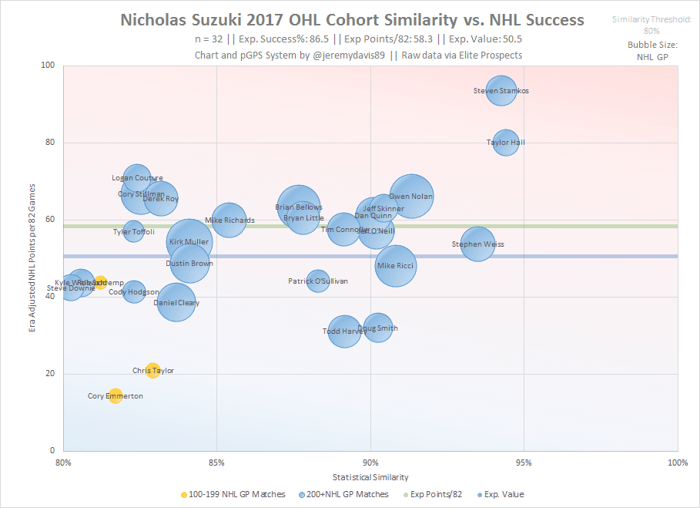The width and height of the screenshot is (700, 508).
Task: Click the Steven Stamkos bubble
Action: point(501,91)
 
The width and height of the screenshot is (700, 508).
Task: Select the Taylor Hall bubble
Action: point(506,142)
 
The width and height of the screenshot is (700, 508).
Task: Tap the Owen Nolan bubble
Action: point(411,197)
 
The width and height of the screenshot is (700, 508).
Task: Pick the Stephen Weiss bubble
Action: point(477,244)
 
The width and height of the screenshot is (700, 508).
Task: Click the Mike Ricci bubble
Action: point(396,266)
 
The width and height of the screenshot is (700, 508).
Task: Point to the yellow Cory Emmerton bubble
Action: point(116,396)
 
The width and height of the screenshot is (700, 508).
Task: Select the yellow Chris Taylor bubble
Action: point(152,371)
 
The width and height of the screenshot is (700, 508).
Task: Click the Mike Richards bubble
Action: point(229,220)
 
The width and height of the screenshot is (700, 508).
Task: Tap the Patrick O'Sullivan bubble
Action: point(318,281)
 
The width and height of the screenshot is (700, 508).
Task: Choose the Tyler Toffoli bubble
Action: point(134,231)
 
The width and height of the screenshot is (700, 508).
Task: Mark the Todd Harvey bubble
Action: point(345,331)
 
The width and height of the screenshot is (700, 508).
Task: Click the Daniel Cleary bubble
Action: point(176,302)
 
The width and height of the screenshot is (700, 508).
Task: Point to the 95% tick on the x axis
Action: point(524,463)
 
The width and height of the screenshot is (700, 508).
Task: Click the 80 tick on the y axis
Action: point(52,143)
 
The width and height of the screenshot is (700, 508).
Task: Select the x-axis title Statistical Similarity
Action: point(370,477)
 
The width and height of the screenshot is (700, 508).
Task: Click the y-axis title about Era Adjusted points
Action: point(32,258)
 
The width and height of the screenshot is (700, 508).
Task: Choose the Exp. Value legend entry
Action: point(504,495)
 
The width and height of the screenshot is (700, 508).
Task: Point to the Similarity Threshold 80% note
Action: point(651,25)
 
